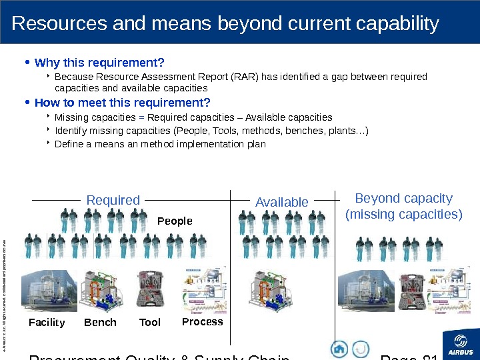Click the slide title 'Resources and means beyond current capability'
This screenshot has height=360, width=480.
tap(225, 24)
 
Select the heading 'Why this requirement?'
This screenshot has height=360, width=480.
tap(99, 63)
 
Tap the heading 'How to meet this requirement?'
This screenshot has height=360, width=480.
tap(122, 103)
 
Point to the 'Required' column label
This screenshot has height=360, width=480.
tap(113, 200)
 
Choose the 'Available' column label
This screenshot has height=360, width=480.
tap(282, 201)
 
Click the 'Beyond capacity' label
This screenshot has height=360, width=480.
tap(403, 199)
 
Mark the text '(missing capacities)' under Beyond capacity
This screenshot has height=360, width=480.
tap(403, 214)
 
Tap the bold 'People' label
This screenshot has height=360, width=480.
tap(175, 221)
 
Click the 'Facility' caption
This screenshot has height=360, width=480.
tap(47, 323)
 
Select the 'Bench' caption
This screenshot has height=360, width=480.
tap(100, 323)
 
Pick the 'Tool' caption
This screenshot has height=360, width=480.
tap(150, 323)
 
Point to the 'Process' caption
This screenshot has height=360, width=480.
tap(203, 321)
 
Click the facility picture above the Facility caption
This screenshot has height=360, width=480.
tap(47, 291)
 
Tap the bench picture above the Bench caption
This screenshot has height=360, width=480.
tap(101, 291)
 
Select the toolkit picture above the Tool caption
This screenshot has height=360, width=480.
tap(151, 291)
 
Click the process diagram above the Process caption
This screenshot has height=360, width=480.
tap(204, 289)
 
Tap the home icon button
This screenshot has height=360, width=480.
tap(339, 349)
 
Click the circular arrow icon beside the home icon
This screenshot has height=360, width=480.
tap(361, 349)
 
